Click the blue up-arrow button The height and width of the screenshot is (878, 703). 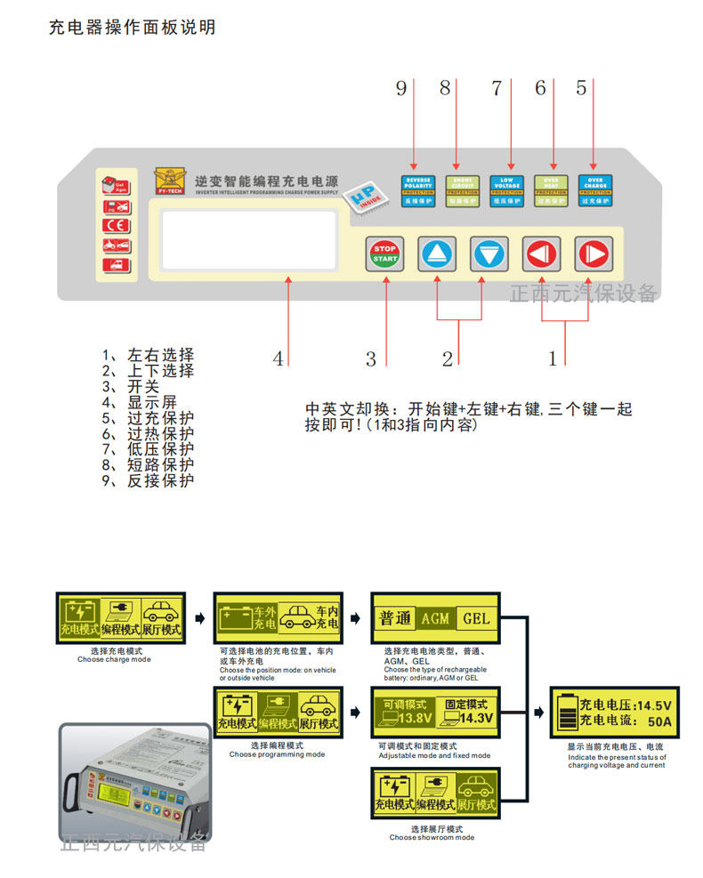pyautogui.click(x=437, y=254)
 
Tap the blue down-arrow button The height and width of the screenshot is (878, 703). pyautogui.click(x=489, y=254)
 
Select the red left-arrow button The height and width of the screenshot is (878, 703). pyautogui.click(x=540, y=254)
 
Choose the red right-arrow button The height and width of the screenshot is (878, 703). pyautogui.click(x=592, y=254)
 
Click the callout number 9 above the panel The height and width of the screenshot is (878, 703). pyautogui.click(x=401, y=88)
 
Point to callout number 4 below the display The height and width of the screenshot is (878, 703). pyautogui.click(x=279, y=359)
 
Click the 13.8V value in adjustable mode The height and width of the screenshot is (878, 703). pyautogui.click(x=415, y=718)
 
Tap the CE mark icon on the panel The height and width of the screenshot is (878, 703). pyautogui.click(x=115, y=225)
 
